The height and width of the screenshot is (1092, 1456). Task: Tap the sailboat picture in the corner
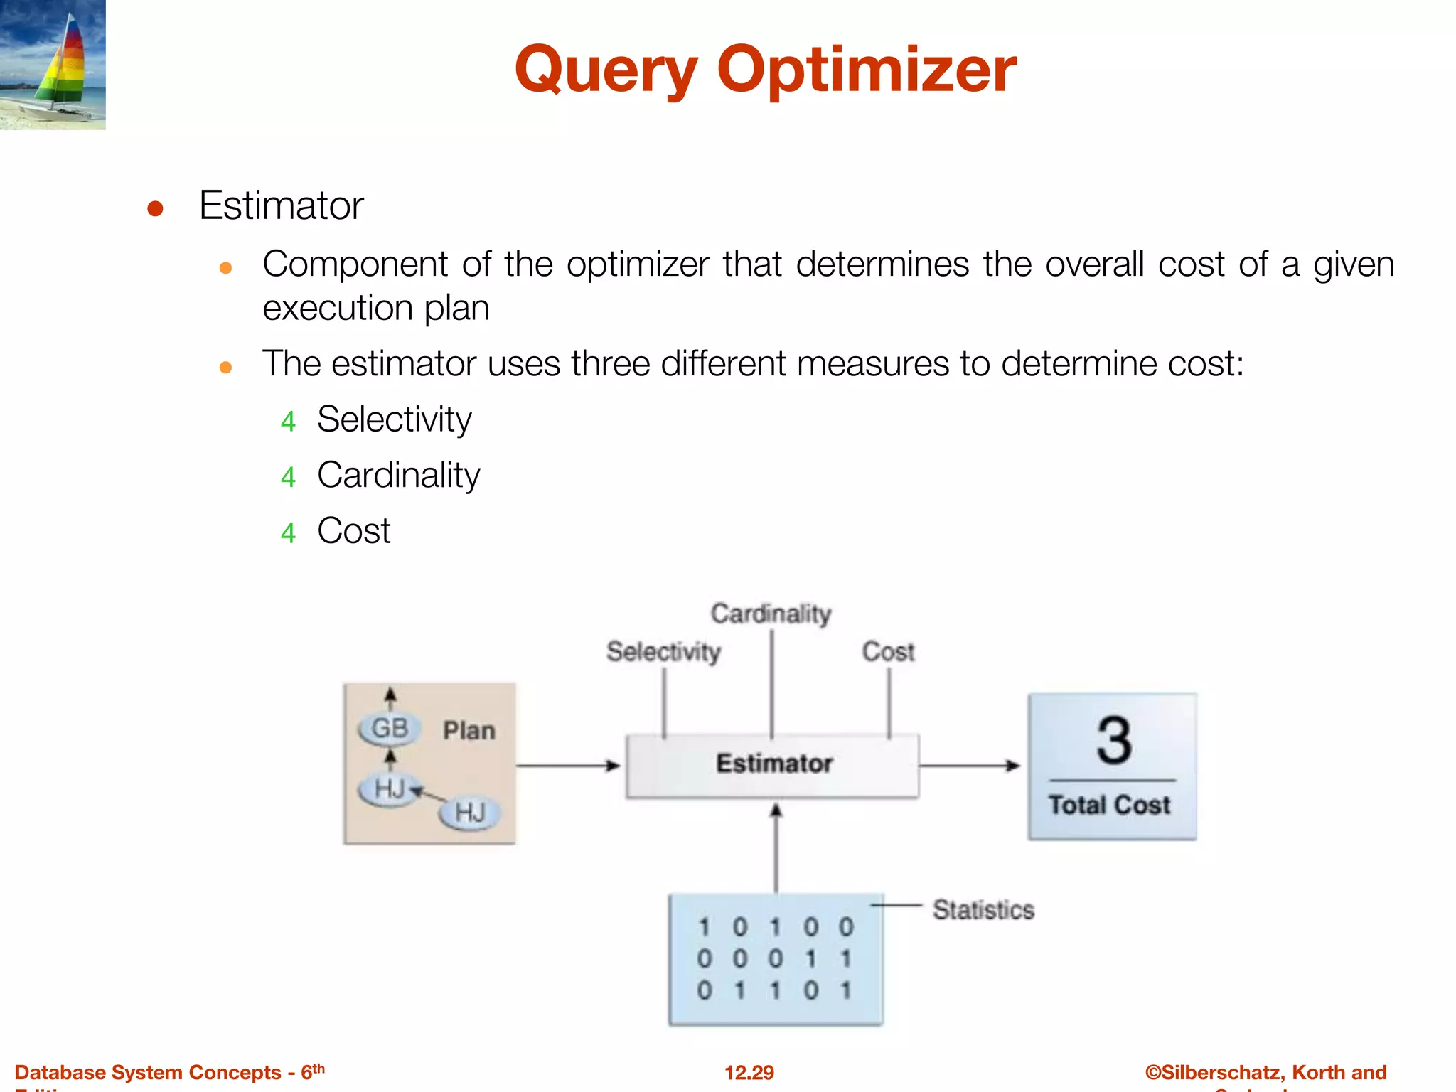click(x=53, y=65)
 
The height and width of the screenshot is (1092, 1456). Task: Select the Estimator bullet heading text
click(x=281, y=206)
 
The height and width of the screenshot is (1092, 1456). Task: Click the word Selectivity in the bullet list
click(x=394, y=419)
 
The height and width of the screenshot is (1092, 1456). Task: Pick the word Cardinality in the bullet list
click(x=398, y=475)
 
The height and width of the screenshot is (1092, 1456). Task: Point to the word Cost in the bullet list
click(x=353, y=531)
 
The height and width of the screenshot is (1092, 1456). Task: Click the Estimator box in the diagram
click(x=773, y=765)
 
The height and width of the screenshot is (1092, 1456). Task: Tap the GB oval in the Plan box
click(x=390, y=729)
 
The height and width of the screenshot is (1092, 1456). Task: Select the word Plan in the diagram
click(x=469, y=731)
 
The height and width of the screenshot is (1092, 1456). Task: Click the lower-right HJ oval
click(x=469, y=812)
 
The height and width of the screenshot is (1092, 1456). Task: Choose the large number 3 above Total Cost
click(x=1113, y=741)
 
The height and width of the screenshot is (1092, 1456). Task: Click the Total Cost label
click(x=1109, y=805)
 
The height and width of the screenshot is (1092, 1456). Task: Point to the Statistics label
click(x=983, y=910)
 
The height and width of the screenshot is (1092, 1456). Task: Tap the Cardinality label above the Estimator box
click(x=771, y=614)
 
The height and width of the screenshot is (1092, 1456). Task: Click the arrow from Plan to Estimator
click(x=568, y=766)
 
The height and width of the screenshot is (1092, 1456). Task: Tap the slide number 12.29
click(x=749, y=1072)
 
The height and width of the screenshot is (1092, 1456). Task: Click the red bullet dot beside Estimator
click(x=155, y=209)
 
